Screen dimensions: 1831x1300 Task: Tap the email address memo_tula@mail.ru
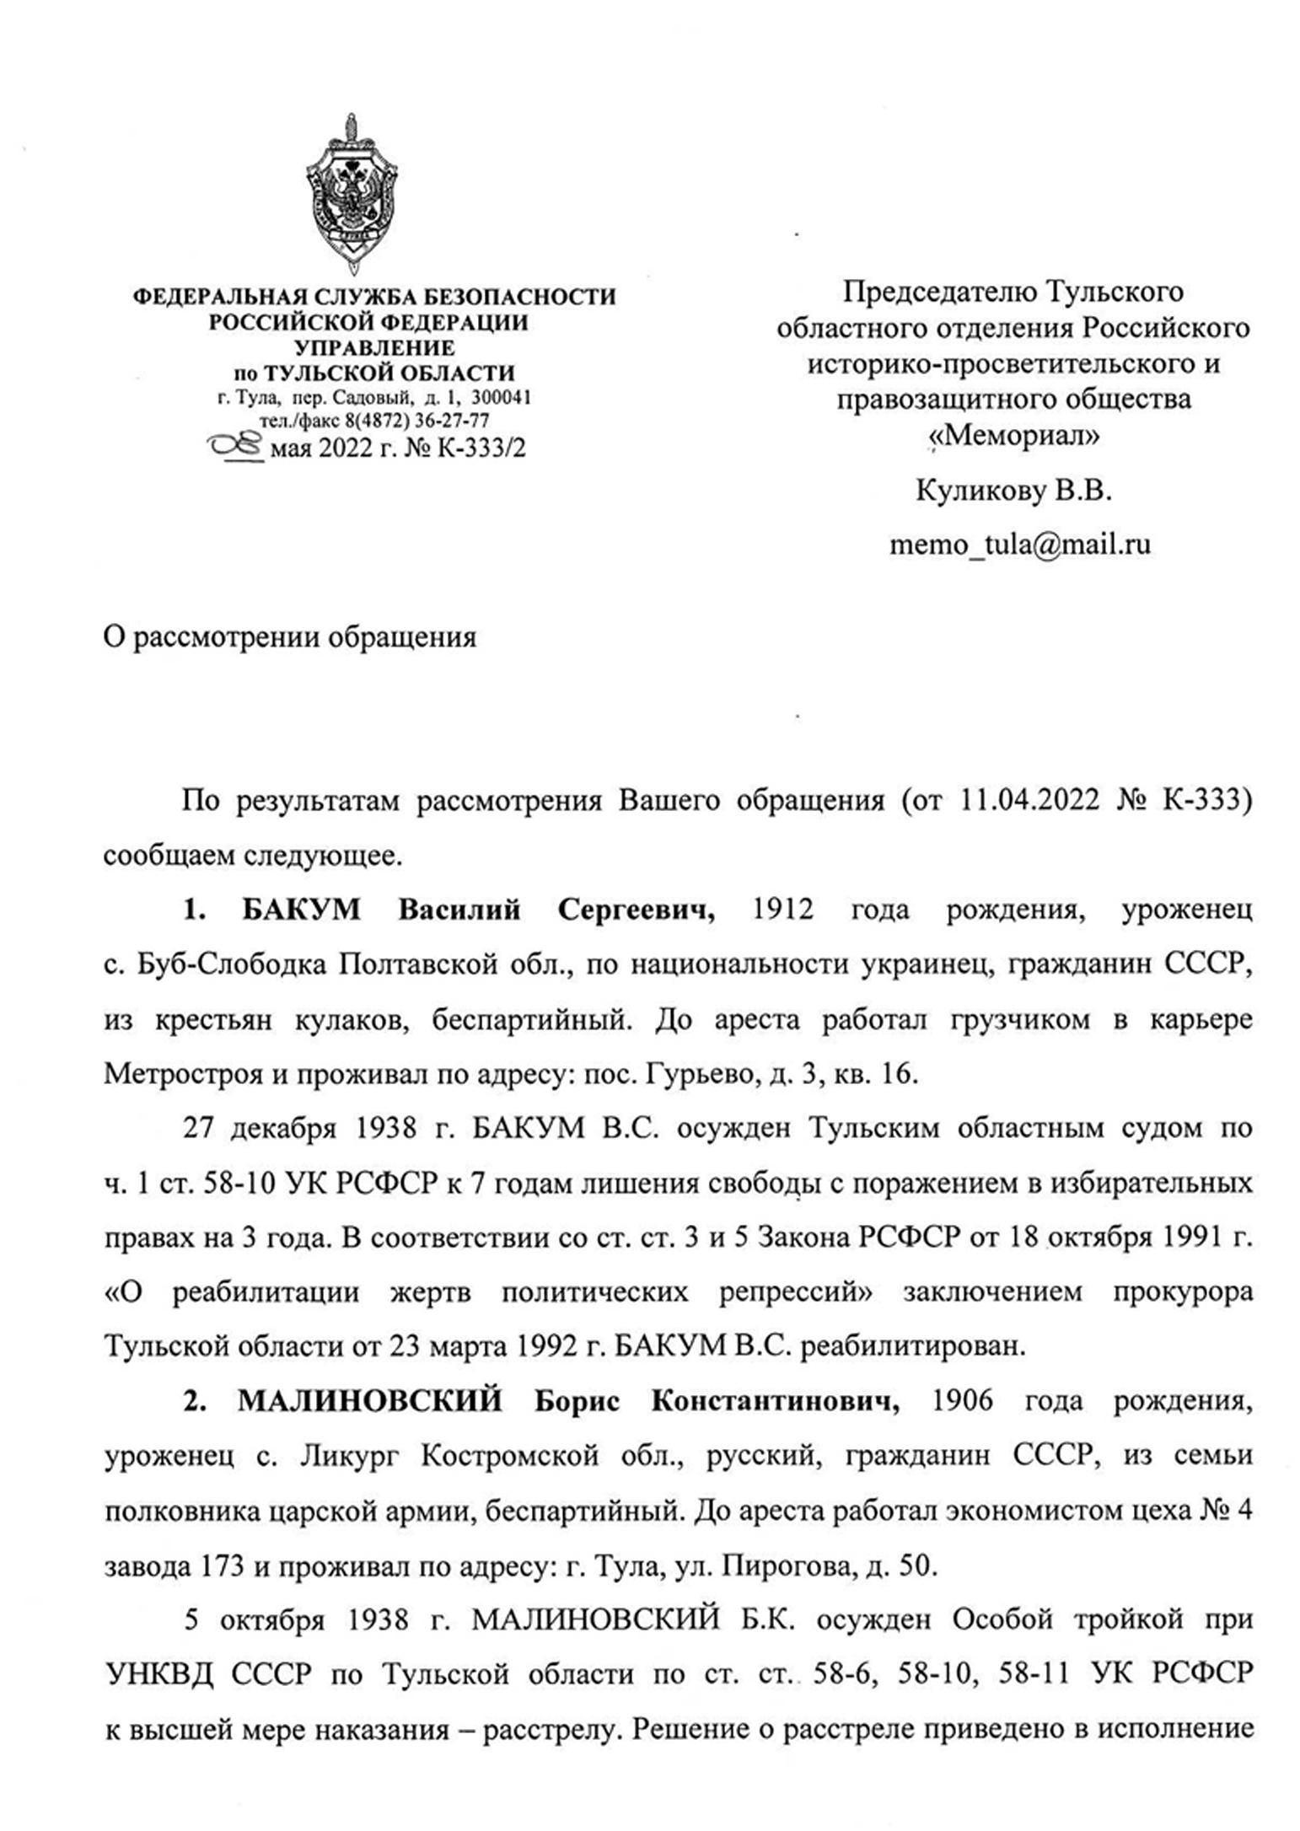(1019, 543)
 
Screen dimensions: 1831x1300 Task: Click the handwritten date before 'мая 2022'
(236, 447)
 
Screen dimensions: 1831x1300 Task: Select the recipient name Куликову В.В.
(1013, 490)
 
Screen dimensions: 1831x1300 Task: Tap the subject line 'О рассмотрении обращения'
(289, 636)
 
